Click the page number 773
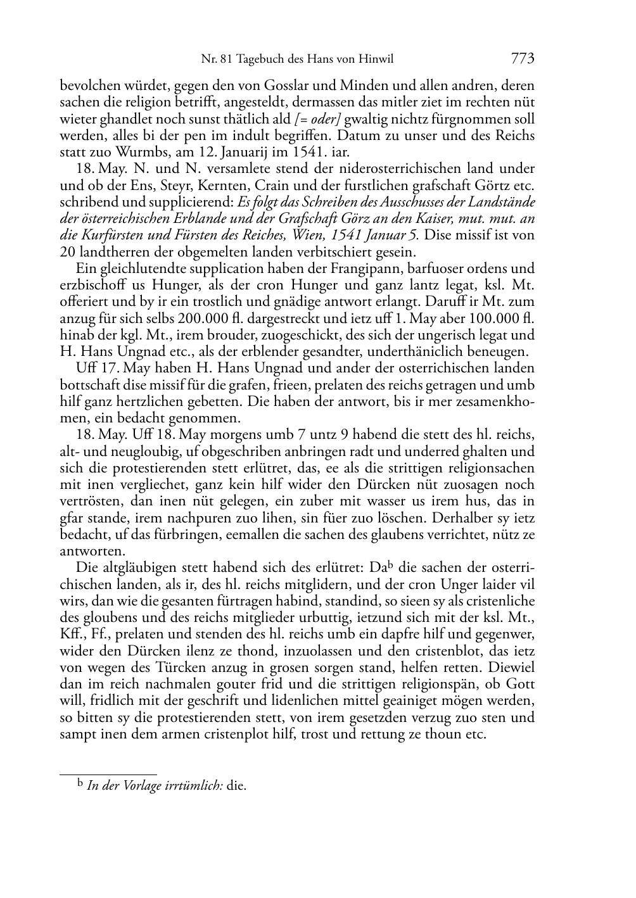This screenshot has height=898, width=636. point(523,59)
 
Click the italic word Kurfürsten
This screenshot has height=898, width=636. point(106,236)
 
